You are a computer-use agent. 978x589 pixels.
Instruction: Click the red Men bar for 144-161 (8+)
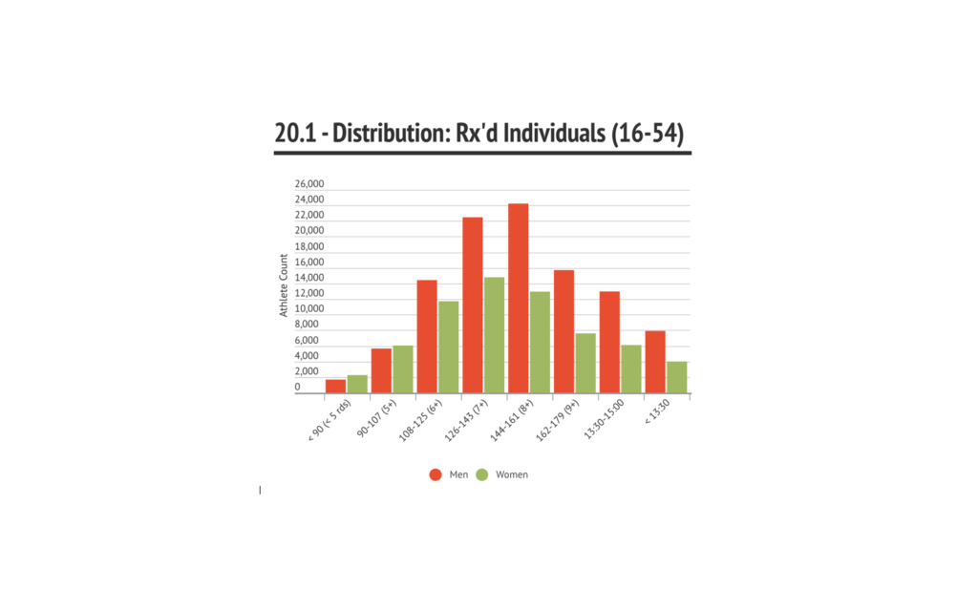click(518, 298)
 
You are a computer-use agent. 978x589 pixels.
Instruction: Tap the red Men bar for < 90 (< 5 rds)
click(335, 386)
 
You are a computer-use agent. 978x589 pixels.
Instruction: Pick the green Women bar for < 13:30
click(676, 377)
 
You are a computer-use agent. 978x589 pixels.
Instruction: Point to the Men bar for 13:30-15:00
click(609, 342)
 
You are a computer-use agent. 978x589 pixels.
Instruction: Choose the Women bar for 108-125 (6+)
click(448, 347)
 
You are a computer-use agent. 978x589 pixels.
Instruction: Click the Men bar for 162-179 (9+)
click(563, 331)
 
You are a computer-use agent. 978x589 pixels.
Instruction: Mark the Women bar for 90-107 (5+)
click(402, 368)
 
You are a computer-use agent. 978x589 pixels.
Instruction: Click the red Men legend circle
click(436, 474)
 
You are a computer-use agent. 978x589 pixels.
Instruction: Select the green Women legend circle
click(481, 474)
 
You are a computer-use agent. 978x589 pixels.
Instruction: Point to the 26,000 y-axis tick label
click(309, 184)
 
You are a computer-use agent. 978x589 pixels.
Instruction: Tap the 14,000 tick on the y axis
click(309, 278)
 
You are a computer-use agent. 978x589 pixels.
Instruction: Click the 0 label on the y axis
click(297, 387)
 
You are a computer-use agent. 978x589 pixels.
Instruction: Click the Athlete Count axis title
click(284, 286)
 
